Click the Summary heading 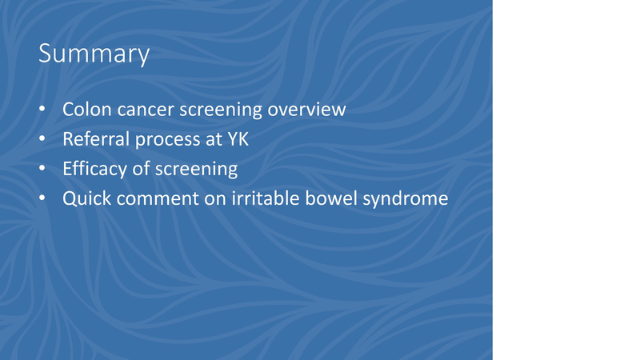(x=94, y=54)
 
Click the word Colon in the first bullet (x=84, y=110)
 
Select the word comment (x=156, y=198)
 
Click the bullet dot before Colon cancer (x=43, y=110)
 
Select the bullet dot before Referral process (x=43, y=140)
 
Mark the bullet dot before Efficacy (x=43, y=170)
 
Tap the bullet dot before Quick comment (x=43, y=198)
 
